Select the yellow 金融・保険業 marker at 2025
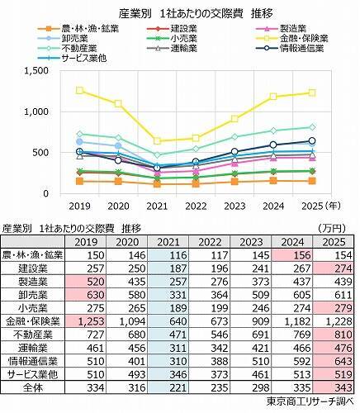312,93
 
